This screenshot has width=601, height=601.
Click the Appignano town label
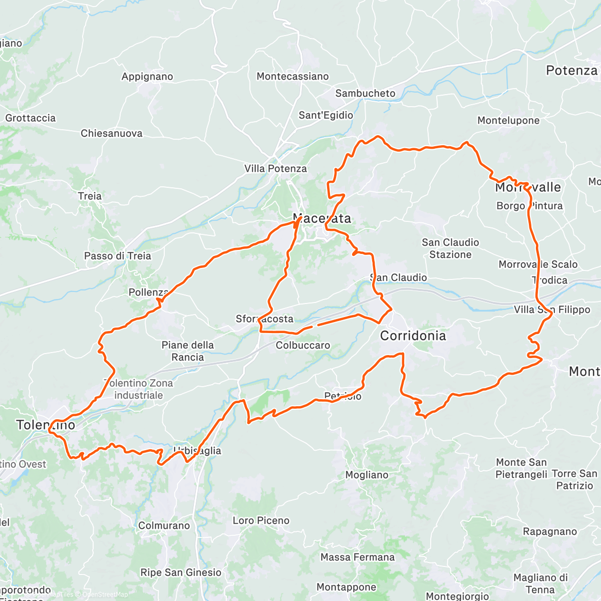click(147, 77)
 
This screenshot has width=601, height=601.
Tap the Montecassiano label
click(292, 77)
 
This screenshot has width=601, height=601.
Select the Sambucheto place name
click(365, 93)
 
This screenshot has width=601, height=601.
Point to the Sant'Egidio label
click(326, 115)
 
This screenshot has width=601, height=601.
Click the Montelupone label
click(508, 120)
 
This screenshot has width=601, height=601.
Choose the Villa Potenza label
click(275, 169)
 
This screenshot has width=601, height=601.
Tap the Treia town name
click(90, 196)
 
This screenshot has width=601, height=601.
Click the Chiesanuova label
click(111, 133)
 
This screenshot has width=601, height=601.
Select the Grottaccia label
click(31, 118)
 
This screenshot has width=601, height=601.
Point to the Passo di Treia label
click(117, 256)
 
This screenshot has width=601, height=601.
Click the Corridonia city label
click(413, 336)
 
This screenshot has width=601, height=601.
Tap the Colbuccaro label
click(303, 346)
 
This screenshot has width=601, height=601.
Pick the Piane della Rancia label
click(187, 351)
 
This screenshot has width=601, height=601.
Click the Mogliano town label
click(367, 475)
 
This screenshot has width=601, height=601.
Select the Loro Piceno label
click(261, 520)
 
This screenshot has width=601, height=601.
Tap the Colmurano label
click(164, 525)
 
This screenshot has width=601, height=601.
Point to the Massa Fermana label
click(357, 557)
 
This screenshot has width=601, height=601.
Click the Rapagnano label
click(549, 531)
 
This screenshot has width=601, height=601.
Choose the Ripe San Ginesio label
click(180, 572)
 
